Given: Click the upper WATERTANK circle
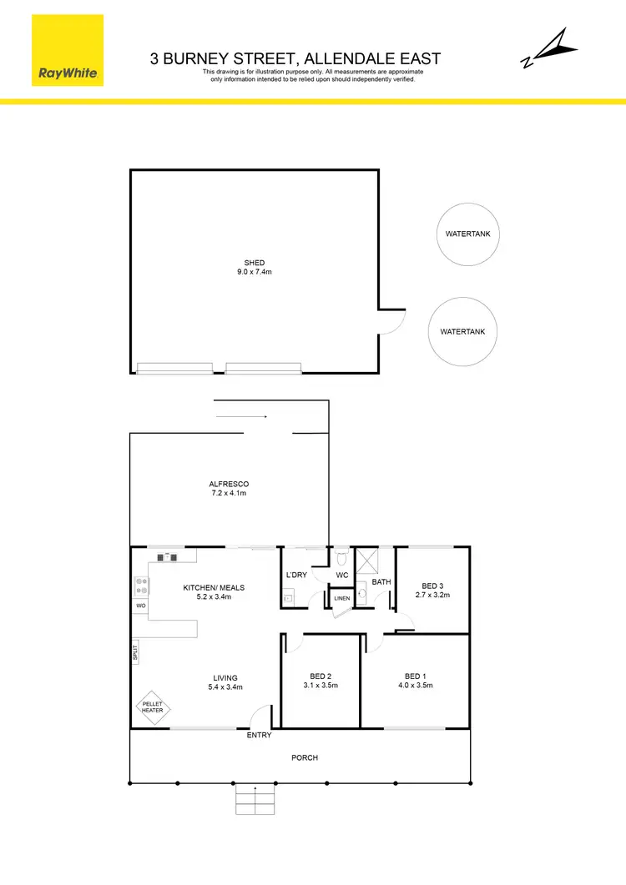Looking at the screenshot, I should [468, 234].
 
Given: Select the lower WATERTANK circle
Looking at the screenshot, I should [462, 331].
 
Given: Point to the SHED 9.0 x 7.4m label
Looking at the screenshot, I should [254, 268].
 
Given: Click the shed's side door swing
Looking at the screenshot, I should [391, 321].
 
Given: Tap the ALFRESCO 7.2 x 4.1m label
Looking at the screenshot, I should [229, 489].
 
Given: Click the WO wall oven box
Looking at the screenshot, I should [139, 605].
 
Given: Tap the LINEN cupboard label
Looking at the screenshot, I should [342, 599].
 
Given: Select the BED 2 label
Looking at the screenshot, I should [321, 676].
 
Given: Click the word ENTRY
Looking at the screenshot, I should [259, 736].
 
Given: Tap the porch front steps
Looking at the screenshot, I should [255, 800].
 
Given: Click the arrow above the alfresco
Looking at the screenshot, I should [240, 416].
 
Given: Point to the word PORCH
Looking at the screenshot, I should [304, 757].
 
